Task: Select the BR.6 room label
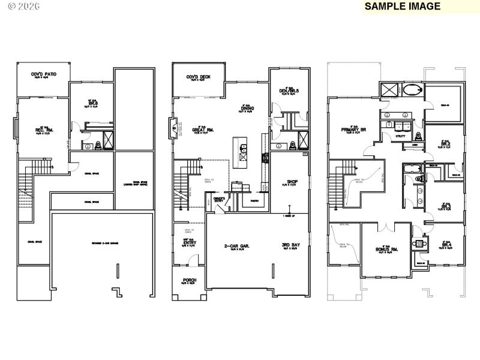click(92, 103)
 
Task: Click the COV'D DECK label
click(198, 77)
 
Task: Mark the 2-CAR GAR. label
click(236, 245)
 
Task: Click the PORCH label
click(189, 280)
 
